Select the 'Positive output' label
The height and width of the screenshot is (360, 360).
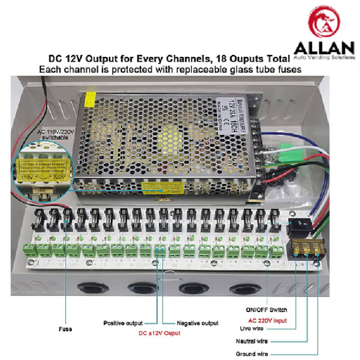click(123, 323)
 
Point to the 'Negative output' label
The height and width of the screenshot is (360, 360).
click(196, 323)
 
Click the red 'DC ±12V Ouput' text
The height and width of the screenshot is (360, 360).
click(159, 333)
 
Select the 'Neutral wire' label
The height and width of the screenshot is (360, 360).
click(251, 340)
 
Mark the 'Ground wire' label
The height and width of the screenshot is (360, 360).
click(251, 354)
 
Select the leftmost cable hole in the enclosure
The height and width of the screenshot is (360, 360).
click(89, 289)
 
